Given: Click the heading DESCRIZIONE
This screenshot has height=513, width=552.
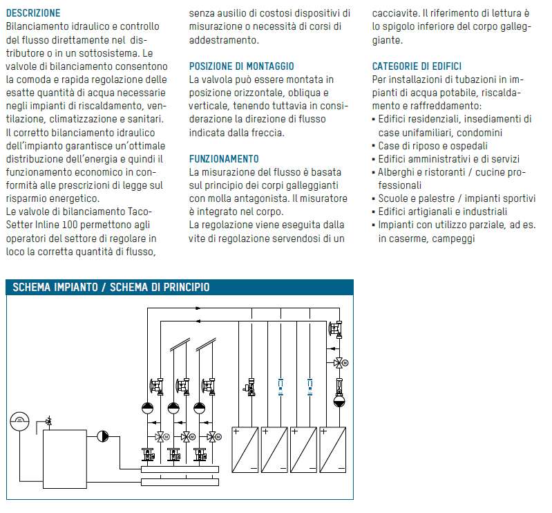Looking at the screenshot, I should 32,13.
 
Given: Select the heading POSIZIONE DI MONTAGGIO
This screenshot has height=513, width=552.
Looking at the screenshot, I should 241,66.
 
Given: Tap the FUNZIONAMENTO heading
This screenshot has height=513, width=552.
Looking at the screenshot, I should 224,159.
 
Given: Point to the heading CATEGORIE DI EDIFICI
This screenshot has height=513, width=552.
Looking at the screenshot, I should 417,66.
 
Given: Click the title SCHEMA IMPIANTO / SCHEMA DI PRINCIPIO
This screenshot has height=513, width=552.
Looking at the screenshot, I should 111,288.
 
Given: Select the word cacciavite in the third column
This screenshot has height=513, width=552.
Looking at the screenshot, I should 395,13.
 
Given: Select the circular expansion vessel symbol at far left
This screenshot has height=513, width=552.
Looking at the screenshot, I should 20,420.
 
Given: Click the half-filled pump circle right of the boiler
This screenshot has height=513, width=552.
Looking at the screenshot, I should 103,436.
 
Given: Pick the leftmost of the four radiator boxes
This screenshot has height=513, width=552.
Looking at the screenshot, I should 246,449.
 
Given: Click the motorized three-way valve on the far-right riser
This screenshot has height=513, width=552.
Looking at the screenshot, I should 339,362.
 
